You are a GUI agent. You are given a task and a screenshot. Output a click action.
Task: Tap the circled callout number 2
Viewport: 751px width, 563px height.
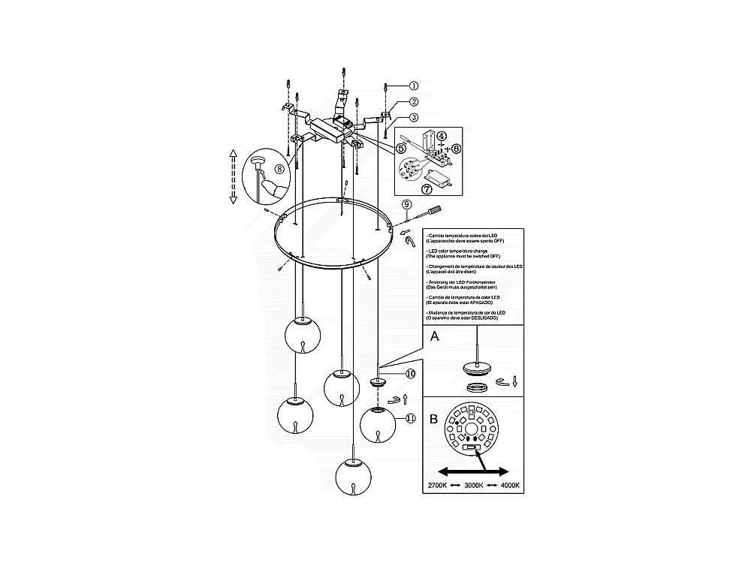[413, 101]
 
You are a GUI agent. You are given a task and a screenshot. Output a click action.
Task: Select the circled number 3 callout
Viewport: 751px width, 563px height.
[413, 118]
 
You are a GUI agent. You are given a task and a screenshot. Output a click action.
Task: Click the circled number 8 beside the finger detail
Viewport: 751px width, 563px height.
[279, 169]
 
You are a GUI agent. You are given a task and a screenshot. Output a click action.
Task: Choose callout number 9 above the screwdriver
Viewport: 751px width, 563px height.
[406, 204]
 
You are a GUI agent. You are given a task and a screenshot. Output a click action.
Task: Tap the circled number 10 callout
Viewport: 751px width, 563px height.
[411, 372]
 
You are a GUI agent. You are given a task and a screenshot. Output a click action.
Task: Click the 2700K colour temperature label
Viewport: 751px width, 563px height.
[439, 486]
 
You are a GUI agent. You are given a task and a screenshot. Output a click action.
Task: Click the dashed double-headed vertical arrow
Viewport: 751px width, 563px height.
[233, 176]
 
